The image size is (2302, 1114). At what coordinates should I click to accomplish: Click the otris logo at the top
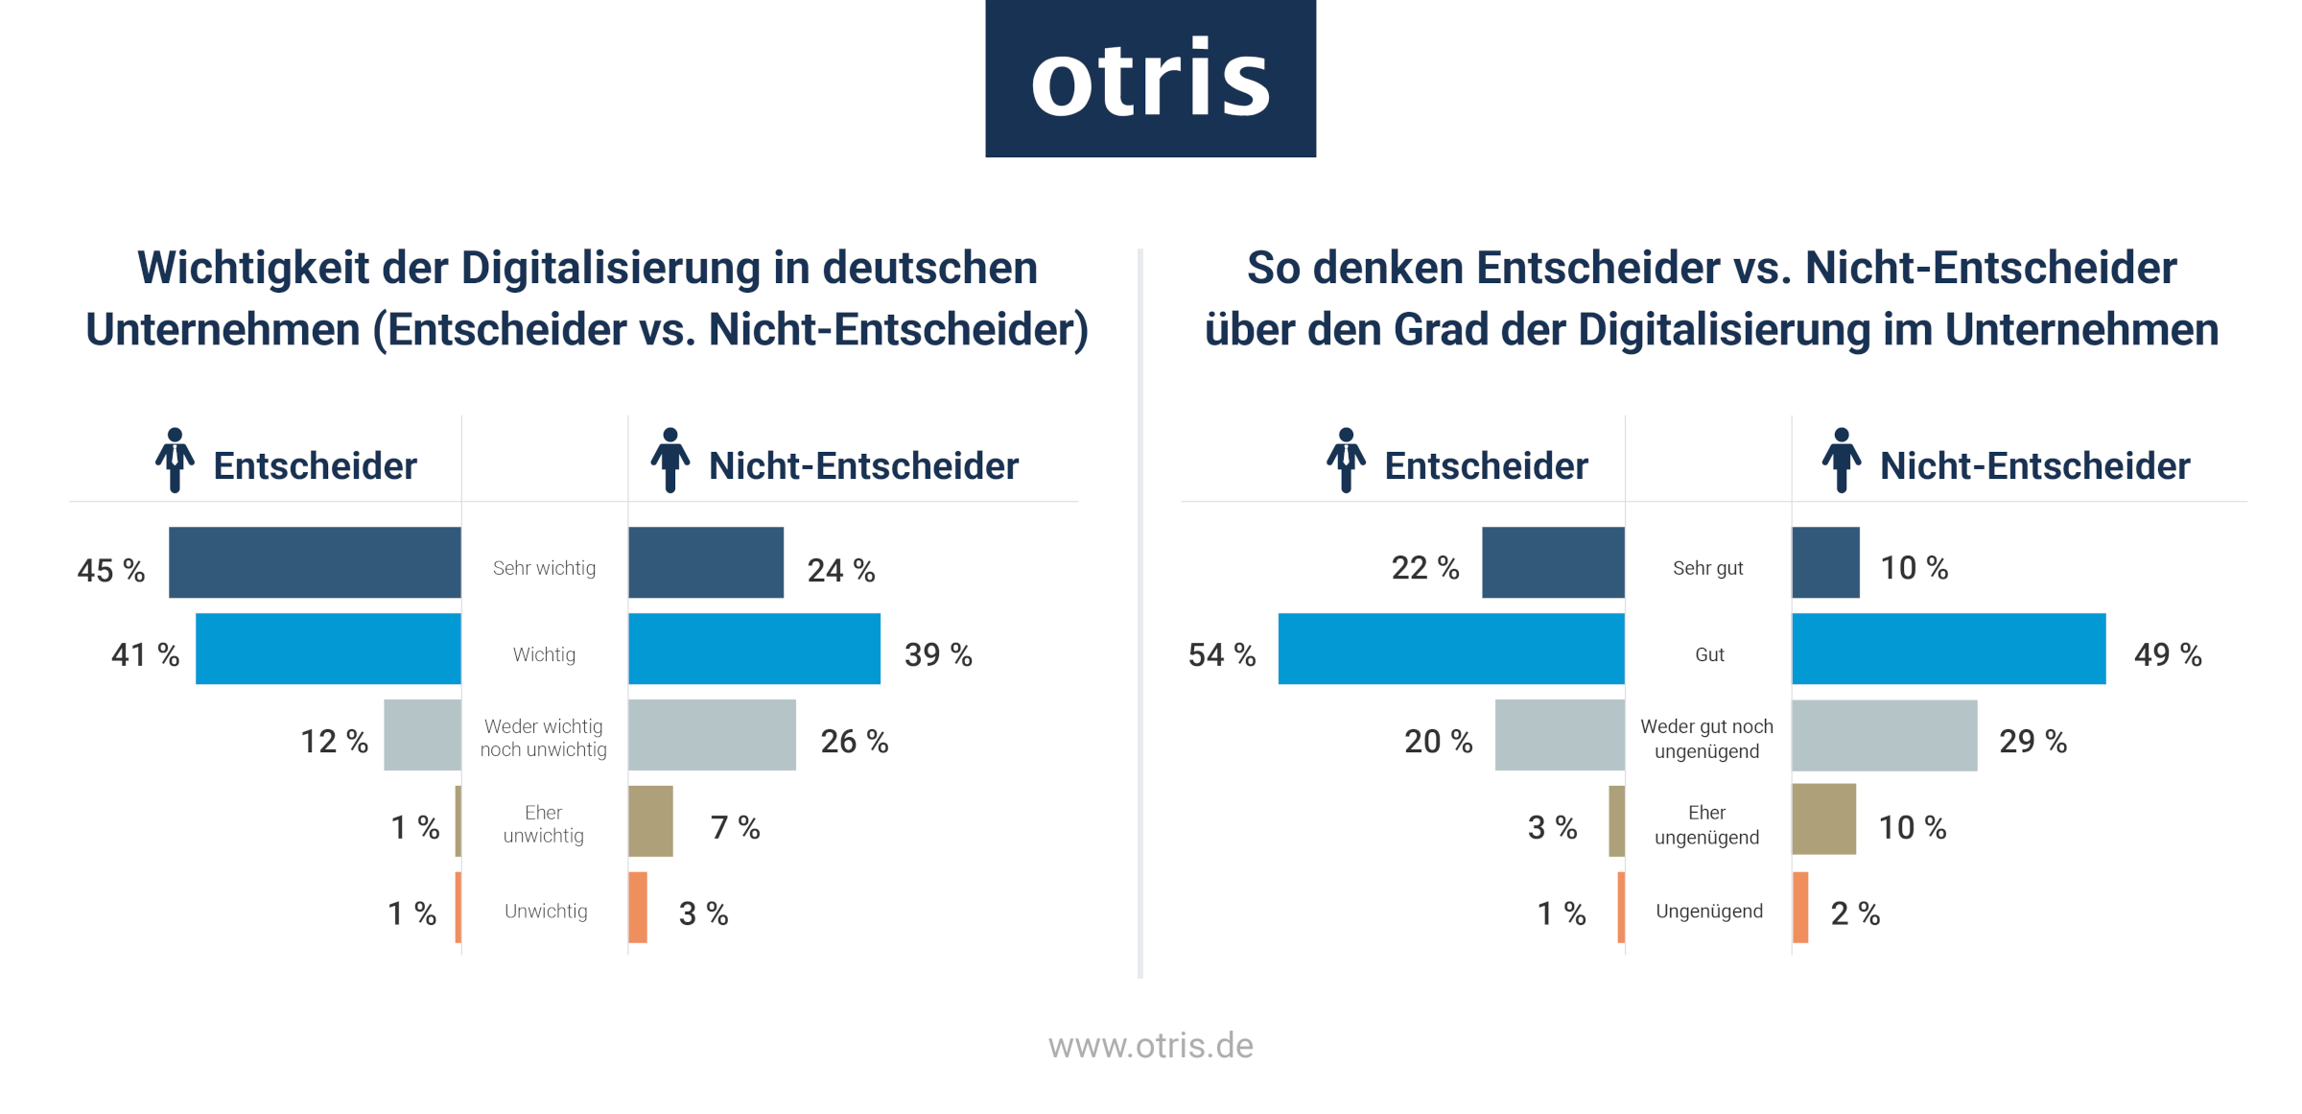tap(1150, 79)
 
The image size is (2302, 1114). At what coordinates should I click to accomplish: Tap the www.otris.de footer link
tap(1150, 1045)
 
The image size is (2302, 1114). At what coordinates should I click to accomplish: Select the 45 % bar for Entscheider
tap(315, 562)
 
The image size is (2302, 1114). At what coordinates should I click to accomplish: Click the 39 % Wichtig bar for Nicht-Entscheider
tap(754, 649)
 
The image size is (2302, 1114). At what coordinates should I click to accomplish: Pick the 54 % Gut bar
tap(1451, 649)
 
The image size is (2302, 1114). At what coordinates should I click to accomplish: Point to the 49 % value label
tap(2167, 654)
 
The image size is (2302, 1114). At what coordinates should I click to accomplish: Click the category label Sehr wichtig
tap(544, 568)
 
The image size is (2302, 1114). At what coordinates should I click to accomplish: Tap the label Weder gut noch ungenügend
tap(1706, 738)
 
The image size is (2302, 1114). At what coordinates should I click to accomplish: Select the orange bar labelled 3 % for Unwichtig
tap(638, 908)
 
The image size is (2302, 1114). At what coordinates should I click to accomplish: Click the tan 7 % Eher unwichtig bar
tap(650, 821)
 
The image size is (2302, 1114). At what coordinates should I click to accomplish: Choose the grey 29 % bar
tap(1884, 735)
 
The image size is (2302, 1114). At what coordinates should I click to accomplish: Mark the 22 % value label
tap(1424, 568)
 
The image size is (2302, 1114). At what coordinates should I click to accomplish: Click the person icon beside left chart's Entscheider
tap(175, 461)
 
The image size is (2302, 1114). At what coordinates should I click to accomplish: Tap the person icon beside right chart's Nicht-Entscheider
tap(1841, 461)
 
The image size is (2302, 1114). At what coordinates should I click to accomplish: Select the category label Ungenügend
tap(1708, 911)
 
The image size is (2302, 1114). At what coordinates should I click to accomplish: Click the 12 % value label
tap(334, 741)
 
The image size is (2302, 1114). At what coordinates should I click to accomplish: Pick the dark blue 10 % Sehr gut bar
tap(1825, 562)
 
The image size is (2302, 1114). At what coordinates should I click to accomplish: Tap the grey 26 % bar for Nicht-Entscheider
tap(712, 735)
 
